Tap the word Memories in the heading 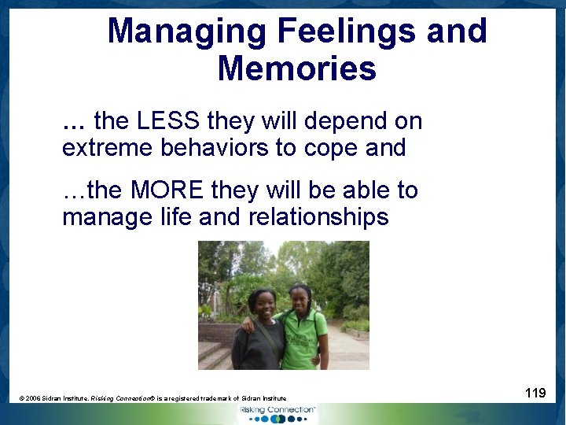[x=296, y=69]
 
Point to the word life [x=175, y=216]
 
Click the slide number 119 [x=535, y=392]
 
